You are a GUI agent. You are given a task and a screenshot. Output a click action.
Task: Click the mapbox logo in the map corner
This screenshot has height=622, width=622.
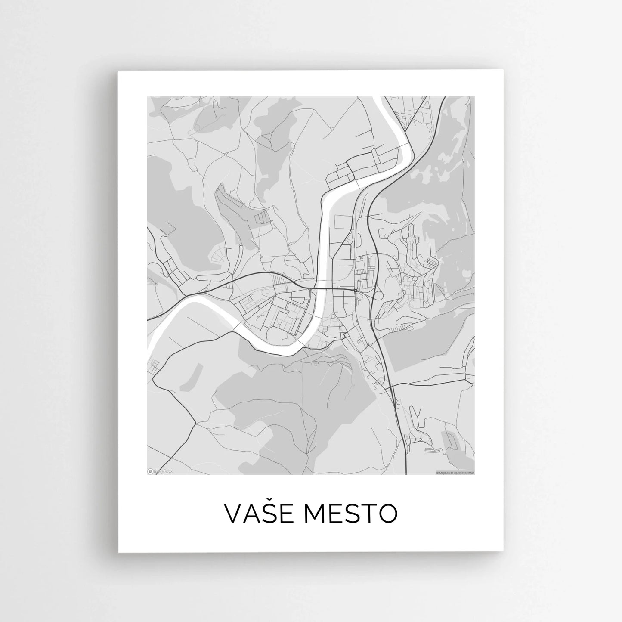click(x=160, y=471)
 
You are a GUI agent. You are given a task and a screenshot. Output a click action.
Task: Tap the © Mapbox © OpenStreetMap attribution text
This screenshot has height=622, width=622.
click(x=455, y=472)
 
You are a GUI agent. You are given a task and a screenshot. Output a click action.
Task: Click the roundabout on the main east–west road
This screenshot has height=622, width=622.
click(x=355, y=290)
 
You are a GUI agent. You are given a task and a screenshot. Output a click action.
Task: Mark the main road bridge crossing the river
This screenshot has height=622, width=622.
click(x=321, y=288)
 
